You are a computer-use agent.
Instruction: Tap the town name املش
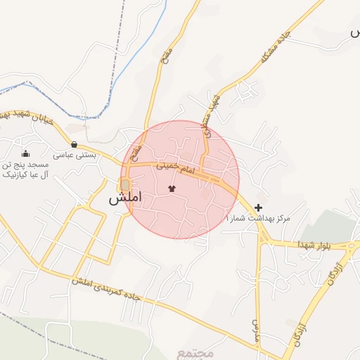[x=125, y=198]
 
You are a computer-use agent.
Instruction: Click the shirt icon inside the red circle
[x=172, y=188]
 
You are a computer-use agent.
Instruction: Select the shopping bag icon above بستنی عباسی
[x=74, y=143]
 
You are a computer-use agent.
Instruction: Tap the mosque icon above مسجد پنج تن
[x=26, y=154]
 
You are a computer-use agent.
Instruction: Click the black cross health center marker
[x=259, y=207]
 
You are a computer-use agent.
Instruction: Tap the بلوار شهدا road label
[x=311, y=245]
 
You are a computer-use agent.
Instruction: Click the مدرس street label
[x=256, y=325]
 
